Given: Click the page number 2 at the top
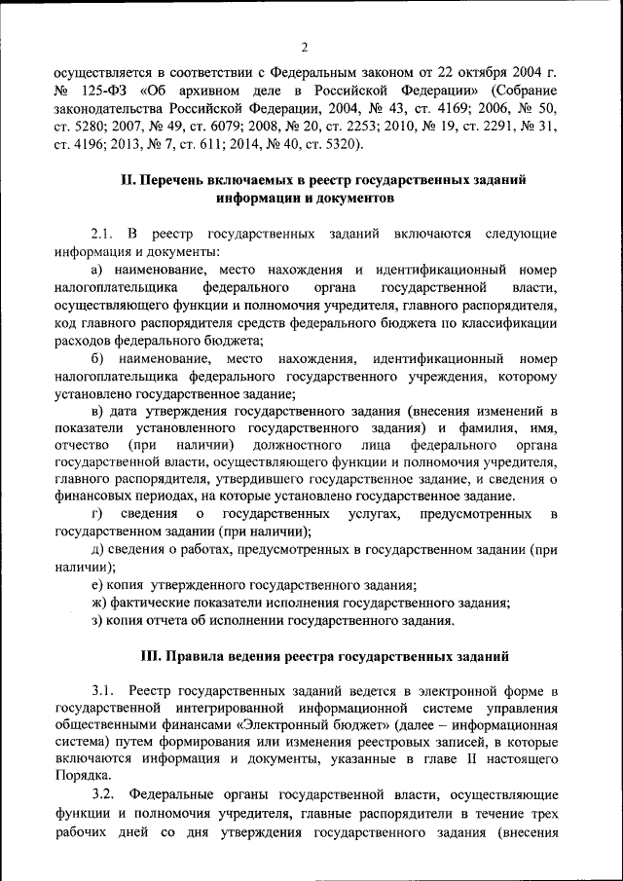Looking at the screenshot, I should [304, 48].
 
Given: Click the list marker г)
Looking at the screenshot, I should [97, 513].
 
